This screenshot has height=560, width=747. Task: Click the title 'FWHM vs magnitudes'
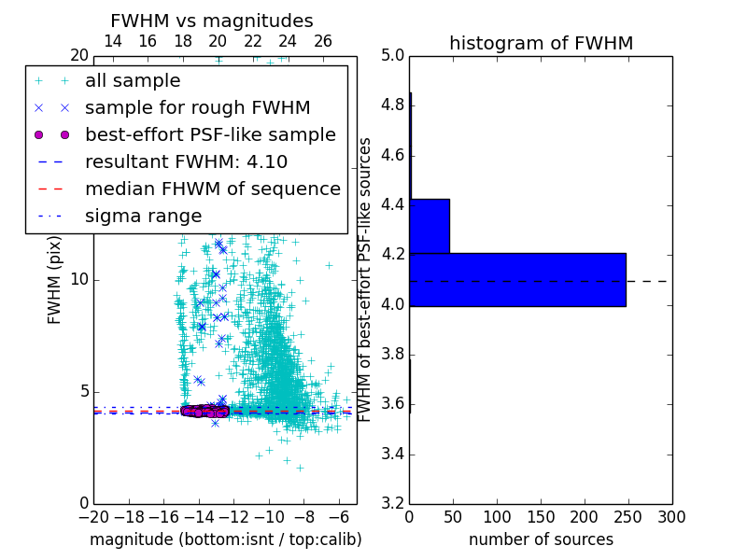pos(212,21)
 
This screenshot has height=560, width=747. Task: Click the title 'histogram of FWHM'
pos(541,43)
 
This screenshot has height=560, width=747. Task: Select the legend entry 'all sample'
pos(133,81)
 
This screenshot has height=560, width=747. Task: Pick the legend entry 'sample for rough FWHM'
pos(197,108)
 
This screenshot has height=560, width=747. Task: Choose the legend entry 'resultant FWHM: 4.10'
pos(186,161)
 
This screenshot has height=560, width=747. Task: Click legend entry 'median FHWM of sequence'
pos(212,189)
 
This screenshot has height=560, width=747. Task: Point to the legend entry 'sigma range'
pos(143,216)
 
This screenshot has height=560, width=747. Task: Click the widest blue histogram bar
pos(517,279)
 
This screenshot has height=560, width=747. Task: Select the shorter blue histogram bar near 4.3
pos(430,226)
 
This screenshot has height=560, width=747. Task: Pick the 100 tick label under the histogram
pos(497,516)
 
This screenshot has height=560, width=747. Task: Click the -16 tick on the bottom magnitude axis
pos(163,516)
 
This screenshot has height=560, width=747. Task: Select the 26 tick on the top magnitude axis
pos(323,41)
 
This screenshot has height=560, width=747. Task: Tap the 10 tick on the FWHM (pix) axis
pos(79,280)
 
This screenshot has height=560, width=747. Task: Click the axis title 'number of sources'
pos(541,539)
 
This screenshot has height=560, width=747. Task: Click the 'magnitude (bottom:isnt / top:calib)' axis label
pos(225,539)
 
